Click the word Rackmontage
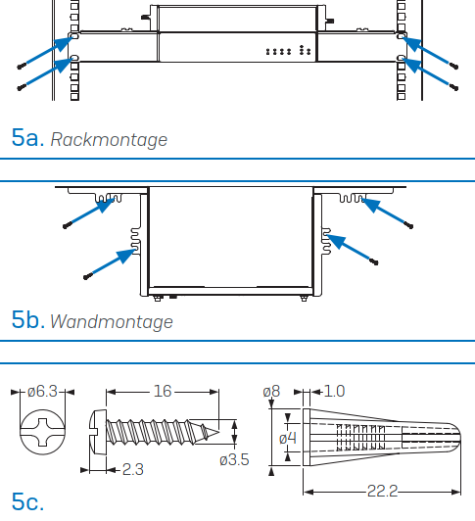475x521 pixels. (x=109, y=140)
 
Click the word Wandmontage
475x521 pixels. (x=112, y=322)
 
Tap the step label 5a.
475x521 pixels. (x=28, y=137)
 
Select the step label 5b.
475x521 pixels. (x=28, y=319)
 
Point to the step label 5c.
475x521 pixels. (x=27, y=501)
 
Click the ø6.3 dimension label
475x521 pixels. (x=42, y=392)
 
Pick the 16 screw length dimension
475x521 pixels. (x=163, y=391)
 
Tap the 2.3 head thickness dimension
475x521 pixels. (x=133, y=469)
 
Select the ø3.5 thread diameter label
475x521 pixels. (x=234, y=460)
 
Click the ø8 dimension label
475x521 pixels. (x=271, y=392)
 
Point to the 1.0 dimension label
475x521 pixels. (x=334, y=391)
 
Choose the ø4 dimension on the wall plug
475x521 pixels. (x=288, y=439)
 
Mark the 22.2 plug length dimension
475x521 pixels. (x=382, y=491)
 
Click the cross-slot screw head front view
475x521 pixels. (x=42, y=432)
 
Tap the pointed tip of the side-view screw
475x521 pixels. (x=218, y=432)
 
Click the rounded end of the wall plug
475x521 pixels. (x=458, y=437)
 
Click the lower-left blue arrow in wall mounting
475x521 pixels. (x=113, y=262)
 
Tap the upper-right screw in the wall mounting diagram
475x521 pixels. (x=408, y=226)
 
